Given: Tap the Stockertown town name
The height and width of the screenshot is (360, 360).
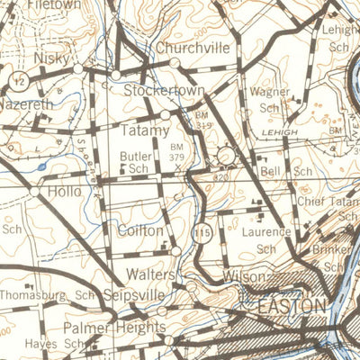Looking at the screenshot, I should click(x=165, y=92).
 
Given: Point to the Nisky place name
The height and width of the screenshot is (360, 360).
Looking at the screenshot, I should click(x=50, y=58).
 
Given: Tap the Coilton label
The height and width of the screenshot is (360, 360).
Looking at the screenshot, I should click(x=139, y=230).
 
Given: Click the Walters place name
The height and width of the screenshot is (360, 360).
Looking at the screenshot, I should click(x=150, y=273).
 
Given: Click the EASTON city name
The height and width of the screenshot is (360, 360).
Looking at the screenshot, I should click(x=291, y=307).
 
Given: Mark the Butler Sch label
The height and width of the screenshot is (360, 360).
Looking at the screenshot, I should click(x=135, y=161).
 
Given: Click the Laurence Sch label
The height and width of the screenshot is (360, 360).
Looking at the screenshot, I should click(x=265, y=239).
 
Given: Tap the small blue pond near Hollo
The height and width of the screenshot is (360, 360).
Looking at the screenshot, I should click(x=41, y=166).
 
